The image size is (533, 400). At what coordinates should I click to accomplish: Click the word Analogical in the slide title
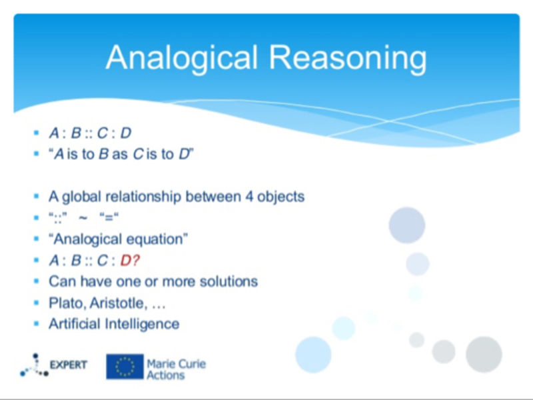click(182, 58)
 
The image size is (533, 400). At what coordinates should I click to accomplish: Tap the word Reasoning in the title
click(348, 58)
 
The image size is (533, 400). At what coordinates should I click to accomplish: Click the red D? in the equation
click(130, 261)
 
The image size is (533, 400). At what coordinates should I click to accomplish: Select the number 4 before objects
click(249, 197)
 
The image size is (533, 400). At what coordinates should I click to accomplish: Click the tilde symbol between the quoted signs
click(83, 217)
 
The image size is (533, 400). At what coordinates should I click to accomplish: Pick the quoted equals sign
click(109, 217)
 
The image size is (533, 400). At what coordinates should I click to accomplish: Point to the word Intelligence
click(142, 324)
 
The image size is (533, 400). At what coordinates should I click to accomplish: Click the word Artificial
click(75, 324)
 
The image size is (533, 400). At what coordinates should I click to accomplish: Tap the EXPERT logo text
click(69, 365)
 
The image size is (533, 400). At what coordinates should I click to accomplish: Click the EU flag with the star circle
click(125, 366)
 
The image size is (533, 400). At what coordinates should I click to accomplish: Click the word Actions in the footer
click(166, 375)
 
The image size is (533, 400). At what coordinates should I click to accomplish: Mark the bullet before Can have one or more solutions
click(37, 281)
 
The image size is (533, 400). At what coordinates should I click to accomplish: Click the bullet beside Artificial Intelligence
click(37, 324)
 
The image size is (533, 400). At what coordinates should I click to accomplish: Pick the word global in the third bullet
click(82, 197)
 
